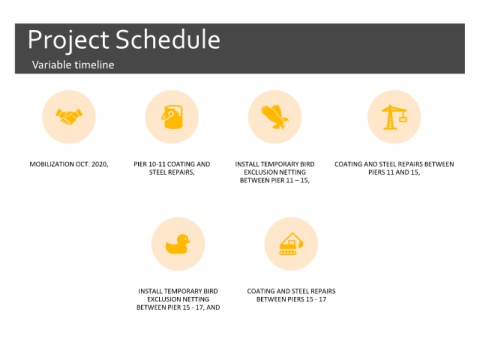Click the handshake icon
pyautogui.click(x=69, y=117)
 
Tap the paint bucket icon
pyautogui.click(x=172, y=117)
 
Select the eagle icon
pyautogui.click(x=275, y=117)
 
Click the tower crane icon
pyautogui.click(x=394, y=117)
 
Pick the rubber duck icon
pyautogui.click(x=178, y=244)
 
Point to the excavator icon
pyautogui.click(x=291, y=244)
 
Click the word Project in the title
pyautogui.click(x=68, y=40)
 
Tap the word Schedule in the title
pyautogui.click(x=168, y=39)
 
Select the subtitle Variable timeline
pyautogui.click(x=73, y=64)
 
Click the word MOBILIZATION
pyautogui.click(x=52, y=164)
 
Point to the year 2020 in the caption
pyautogui.click(x=99, y=164)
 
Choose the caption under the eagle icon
pyautogui.click(x=275, y=172)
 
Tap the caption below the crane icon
pyautogui.click(x=394, y=168)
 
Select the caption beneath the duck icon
pyautogui.click(x=178, y=299)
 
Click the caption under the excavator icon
pyautogui.click(x=291, y=295)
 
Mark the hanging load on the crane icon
pyautogui.click(x=403, y=118)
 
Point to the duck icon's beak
pyautogui.click(x=189, y=241)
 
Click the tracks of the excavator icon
pyautogui.click(x=288, y=253)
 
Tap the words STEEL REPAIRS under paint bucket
pyautogui.click(x=171, y=172)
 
